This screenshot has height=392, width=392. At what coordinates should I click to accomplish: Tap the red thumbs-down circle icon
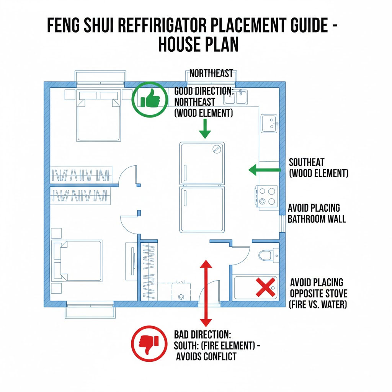[149, 343]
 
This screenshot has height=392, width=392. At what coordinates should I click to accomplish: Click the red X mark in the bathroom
[265, 287]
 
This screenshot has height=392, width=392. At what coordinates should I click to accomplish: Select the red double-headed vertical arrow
[206, 293]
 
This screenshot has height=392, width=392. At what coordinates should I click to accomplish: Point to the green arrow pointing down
[205, 129]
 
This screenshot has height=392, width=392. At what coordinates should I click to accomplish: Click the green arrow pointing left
[265, 170]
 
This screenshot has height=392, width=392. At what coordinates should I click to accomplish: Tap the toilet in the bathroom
[268, 255]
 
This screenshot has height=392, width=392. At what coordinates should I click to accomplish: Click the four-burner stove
[266, 196]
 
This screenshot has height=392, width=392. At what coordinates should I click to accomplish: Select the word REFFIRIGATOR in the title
[161, 25]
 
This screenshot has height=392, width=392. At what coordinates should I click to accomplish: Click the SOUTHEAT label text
[307, 162]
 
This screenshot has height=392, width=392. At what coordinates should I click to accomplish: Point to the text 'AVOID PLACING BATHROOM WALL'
[317, 213]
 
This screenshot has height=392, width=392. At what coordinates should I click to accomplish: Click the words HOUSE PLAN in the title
[198, 44]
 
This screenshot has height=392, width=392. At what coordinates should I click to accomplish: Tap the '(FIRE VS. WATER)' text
[318, 304]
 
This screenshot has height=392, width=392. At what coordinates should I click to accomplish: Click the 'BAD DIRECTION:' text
[203, 335]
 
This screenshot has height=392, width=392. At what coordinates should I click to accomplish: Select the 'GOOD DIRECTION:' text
[204, 91]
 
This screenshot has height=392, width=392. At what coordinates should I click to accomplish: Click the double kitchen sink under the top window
[235, 97]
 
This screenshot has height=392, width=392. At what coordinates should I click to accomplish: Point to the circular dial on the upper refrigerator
[217, 149]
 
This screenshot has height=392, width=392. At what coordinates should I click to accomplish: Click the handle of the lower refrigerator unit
[185, 198]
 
